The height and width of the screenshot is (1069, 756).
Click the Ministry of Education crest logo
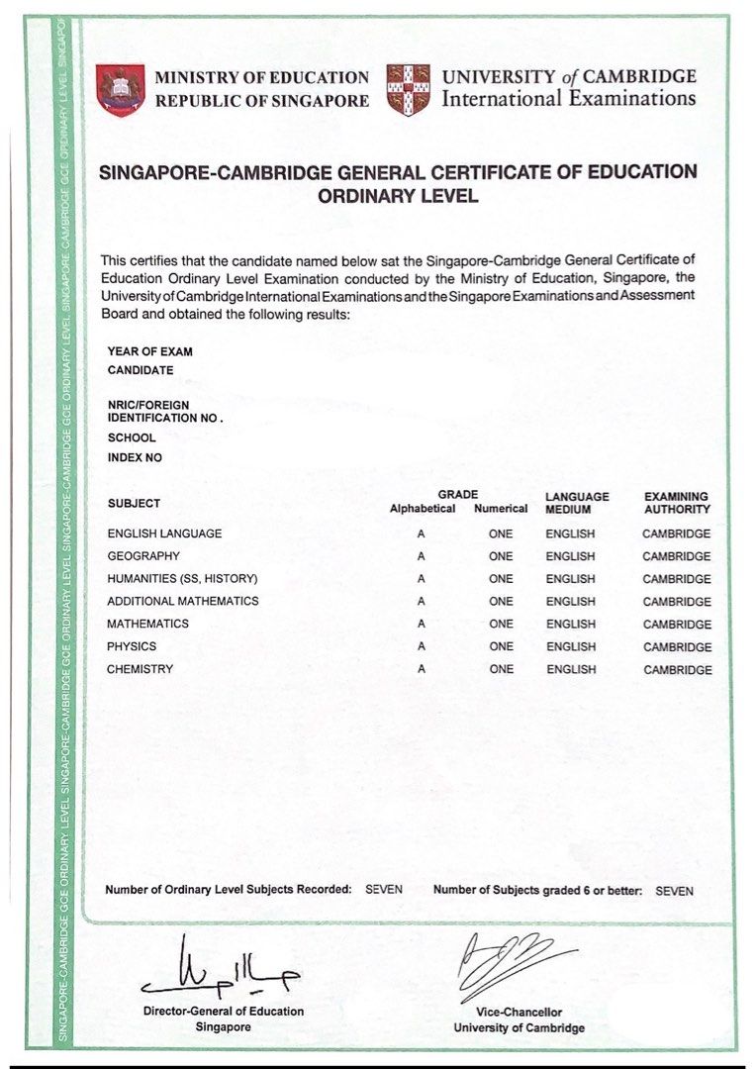click(120, 89)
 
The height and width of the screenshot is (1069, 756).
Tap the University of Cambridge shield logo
click(408, 89)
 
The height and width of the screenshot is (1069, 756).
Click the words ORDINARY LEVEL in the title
click(398, 196)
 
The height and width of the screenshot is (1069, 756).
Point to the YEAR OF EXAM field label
click(150, 351)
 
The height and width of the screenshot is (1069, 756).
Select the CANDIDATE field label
click(141, 370)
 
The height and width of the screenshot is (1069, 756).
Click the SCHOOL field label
click(132, 437)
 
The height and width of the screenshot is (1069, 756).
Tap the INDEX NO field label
click(135, 458)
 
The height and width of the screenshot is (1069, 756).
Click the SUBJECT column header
click(134, 504)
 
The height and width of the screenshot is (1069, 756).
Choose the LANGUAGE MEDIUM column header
click(577, 503)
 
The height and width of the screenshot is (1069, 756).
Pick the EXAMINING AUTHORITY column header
click(677, 503)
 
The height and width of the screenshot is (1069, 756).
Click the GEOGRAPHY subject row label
click(143, 556)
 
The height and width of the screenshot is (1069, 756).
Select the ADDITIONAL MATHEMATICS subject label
click(183, 601)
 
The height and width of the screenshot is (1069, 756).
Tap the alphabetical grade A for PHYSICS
click(422, 646)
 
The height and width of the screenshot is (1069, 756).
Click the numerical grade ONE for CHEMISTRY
click(501, 669)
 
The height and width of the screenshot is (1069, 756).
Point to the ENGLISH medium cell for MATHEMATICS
click(571, 625)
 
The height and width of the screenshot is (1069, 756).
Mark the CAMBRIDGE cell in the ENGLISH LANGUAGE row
click(677, 534)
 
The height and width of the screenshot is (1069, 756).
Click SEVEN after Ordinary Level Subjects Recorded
click(384, 890)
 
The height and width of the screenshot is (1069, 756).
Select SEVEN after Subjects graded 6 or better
click(675, 891)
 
